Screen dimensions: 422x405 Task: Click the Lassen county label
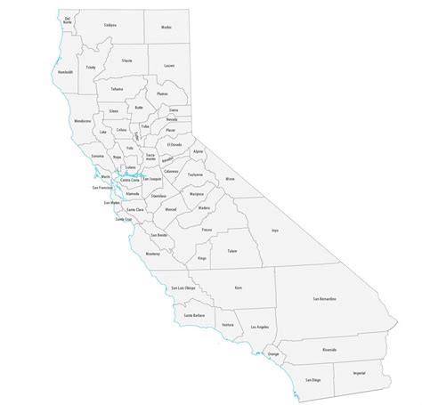[x=169, y=66]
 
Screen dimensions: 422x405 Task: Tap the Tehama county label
[x=117, y=90]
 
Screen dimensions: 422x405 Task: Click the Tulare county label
[x=233, y=252]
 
